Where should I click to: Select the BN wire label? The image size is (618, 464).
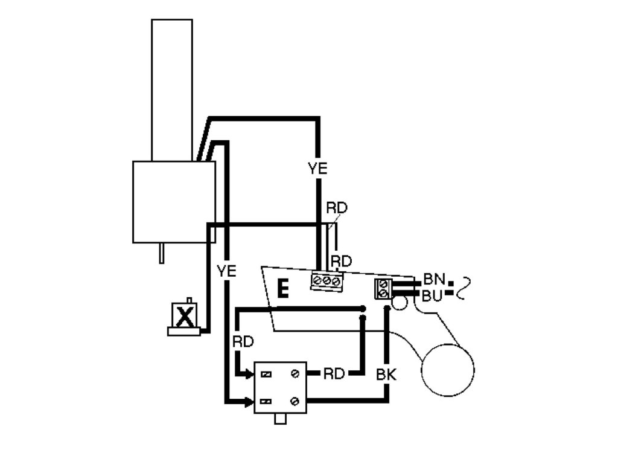click(x=434, y=279)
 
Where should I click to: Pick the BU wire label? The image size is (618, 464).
click(x=433, y=295)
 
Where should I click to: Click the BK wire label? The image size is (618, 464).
click(x=386, y=375)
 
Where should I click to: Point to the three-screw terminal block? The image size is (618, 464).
click(x=327, y=281)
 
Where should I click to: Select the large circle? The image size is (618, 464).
click(x=447, y=369)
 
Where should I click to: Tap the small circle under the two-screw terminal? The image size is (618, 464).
click(x=400, y=301)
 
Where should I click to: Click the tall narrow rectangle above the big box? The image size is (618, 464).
click(x=172, y=89)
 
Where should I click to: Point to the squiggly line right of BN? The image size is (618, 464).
click(x=463, y=287)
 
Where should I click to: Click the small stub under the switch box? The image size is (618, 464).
click(x=280, y=419)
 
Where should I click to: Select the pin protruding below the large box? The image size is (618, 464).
click(x=162, y=253)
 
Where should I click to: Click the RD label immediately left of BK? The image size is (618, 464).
click(x=334, y=374)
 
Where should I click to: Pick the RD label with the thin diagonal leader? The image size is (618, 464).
click(x=337, y=208)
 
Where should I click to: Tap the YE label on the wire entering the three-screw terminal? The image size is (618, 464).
click(x=317, y=169)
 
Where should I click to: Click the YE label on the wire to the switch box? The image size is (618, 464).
click(x=226, y=271)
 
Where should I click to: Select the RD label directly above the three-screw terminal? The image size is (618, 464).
click(x=341, y=262)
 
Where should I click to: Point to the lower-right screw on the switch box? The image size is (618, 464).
click(x=295, y=401)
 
